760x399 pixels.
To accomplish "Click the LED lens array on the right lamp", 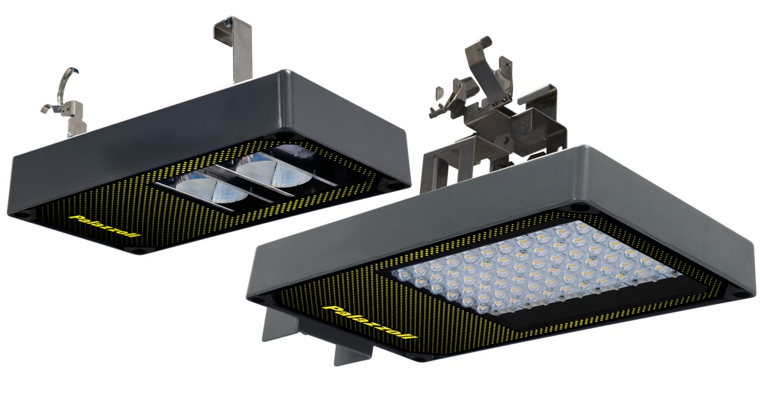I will click(532, 266).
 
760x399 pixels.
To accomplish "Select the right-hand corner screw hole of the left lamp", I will click(393, 186).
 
